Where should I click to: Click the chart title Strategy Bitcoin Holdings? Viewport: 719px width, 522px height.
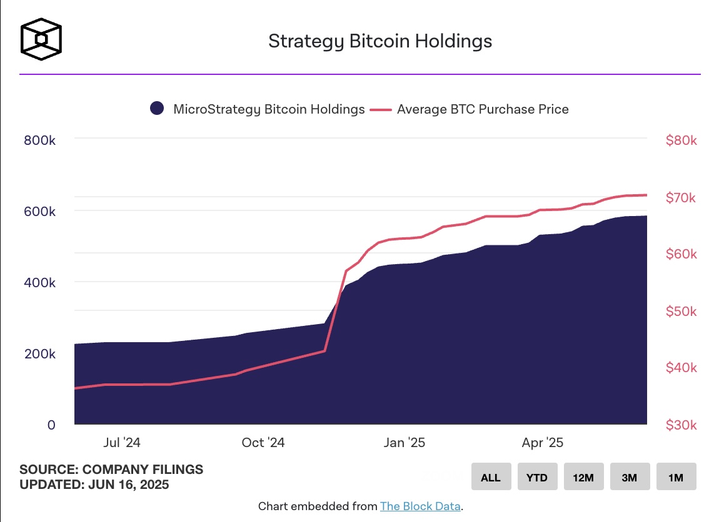click(380, 41)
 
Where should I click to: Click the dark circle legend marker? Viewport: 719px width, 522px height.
click(157, 109)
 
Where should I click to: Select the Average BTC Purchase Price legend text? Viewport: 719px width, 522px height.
click(483, 109)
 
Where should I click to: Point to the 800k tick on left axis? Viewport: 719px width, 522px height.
click(40, 140)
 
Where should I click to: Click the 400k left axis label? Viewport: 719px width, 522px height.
click(40, 283)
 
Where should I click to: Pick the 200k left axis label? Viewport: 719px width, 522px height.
click(40, 354)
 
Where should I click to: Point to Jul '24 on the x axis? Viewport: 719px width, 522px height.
click(122, 443)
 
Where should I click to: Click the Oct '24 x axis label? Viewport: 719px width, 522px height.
click(263, 443)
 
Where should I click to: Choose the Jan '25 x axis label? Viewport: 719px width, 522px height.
click(405, 443)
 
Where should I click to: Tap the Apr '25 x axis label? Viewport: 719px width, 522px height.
click(543, 443)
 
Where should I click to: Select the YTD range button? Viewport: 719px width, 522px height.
click(536, 478)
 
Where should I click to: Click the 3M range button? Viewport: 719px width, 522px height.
click(629, 478)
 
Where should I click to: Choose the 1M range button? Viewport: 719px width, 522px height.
click(675, 478)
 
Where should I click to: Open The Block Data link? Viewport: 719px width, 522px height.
click(420, 506)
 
